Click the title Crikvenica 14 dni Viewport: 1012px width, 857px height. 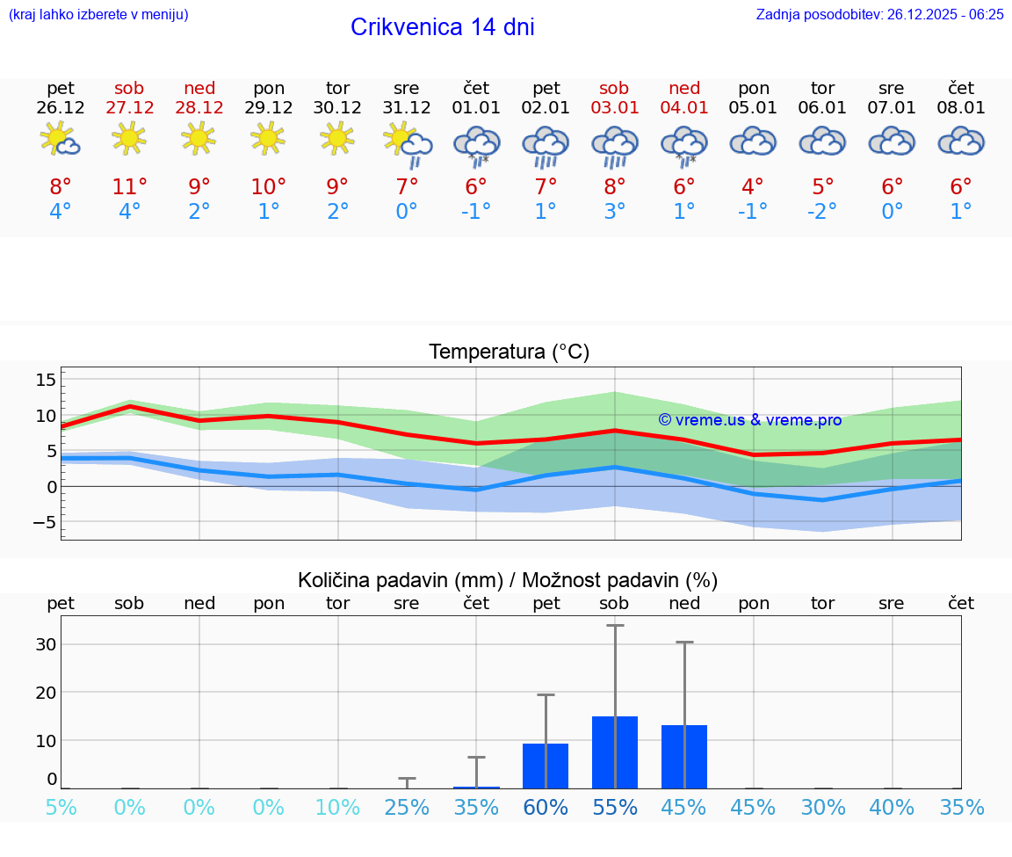pyautogui.click(x=442, y=27)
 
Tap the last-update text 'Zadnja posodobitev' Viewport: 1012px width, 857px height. pyautogui.click(x=879, y=14)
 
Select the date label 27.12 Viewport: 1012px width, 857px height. pyautogui.click(x=129, y=108)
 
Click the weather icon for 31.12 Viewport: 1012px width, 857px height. pyautogui.click(x=408, y=143)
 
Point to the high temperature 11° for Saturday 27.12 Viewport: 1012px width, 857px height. pyautogui.click(x=129, y=186)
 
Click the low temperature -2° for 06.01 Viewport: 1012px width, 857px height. pyautogui.click(x=822, y=211)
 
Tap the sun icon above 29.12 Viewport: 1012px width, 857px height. pyautogui.click(x=268, y=138)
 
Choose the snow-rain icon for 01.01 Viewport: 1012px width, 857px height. pyautogui.click(x=476, y=144)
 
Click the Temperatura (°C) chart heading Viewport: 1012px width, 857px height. pyautogui.click(x=509, y=352)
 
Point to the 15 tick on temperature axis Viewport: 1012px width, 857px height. pyautogui.click(x=46, y=380)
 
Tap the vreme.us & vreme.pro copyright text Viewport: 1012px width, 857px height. pyautogui.click(x=749, y=420)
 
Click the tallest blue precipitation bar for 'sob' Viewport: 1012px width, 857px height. pyautogui.click(x=615, y=752)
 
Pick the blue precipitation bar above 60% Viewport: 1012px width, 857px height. pyautogui.click(x=546, y=766)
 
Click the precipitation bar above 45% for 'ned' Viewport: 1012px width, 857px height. pyautogui.click(x=684, y=756)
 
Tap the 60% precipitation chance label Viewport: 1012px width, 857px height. pyautogui.click(x=546, y=808)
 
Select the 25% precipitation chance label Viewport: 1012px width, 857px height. pyautogui.click(x=407, y=808)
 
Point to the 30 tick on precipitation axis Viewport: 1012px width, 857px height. pyautogui.click(x=46, y=644)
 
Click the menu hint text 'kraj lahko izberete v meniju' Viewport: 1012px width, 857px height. pyautogui.click(x=98, y=14)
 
